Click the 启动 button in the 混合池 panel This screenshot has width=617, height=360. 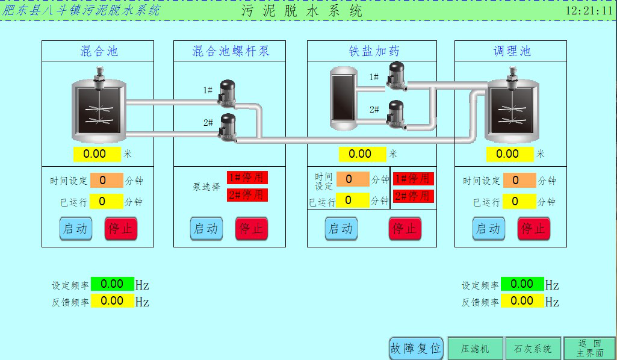[x=75, y=229]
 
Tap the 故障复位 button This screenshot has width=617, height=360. [x=416, y=348]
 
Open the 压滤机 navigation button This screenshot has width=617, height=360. [x=476, y=349]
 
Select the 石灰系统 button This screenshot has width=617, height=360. [x=533, y=349]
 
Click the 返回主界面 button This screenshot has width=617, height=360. [x=589, y=348]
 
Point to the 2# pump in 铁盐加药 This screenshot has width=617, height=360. [x=395, y=113]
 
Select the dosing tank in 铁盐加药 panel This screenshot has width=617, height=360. [x=344, y=98]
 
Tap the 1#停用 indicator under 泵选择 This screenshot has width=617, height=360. [x=247, y=178]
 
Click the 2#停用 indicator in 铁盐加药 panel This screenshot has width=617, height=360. [x=413, y=196]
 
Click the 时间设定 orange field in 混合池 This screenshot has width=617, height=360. [x=106, y=180]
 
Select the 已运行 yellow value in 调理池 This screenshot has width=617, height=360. [x=519, y=202]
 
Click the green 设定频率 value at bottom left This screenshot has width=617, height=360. [x=113, y=284]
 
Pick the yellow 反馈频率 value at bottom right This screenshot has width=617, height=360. [x=522, y=301]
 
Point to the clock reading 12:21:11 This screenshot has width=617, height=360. [x=589, y=10]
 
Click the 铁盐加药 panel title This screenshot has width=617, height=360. [x=374, y=51]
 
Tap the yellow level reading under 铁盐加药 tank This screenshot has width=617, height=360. [x=360, y=154]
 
